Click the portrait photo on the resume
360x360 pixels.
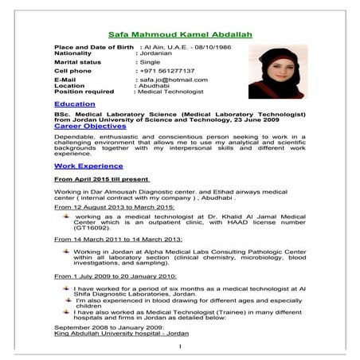pyautogui.click(x=276, y=71)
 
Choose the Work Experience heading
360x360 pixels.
pyautogui.click(x=88, y=166)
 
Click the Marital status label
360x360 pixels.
pyautogui.click(x=77, y=61)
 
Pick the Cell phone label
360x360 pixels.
pyautogui.click(x=72, y=70)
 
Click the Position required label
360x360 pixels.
pyautogui.click(x=84, y=92)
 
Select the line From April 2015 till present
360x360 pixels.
pyautogui.click(x=101, y=181)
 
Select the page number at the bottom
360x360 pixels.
pyautogui.click(x=181, y=346)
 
